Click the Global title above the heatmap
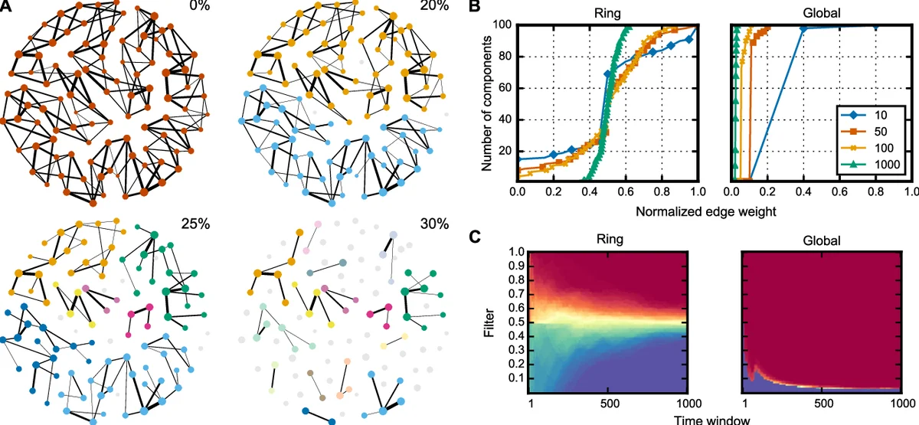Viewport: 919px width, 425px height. pos(824,240)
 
